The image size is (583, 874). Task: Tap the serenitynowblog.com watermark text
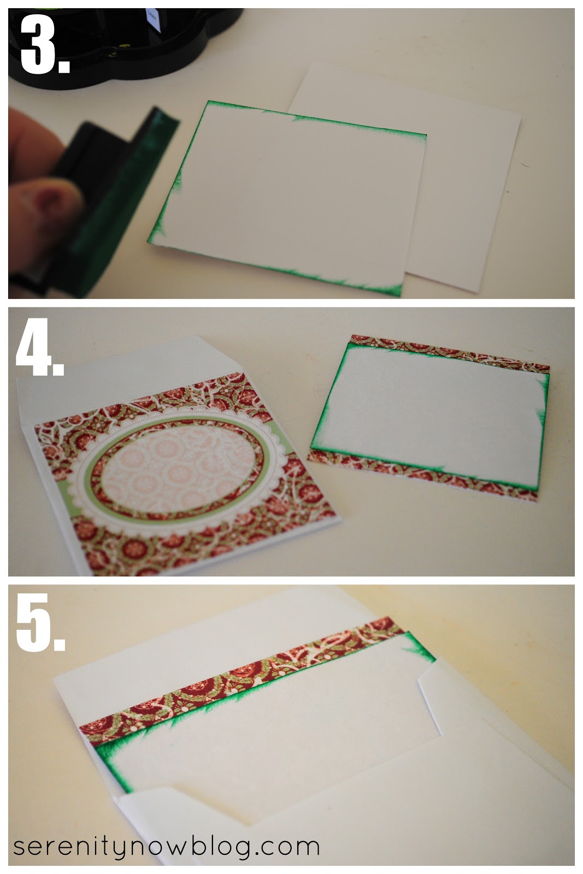(x=166, y=847)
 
